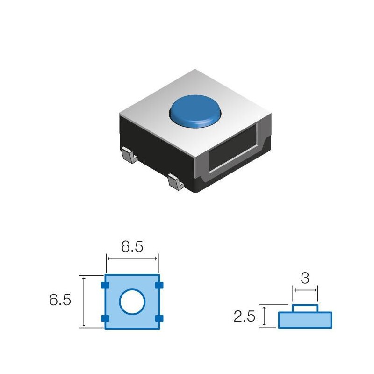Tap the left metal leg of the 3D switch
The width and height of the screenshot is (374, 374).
point(127,154)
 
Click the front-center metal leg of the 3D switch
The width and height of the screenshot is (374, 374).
point(174,181)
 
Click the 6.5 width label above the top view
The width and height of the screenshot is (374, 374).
point(132,247)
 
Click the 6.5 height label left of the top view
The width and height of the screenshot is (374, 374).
point(60,300)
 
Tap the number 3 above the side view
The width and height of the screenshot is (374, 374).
point(305,279)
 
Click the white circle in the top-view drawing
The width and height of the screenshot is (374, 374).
point(132,302)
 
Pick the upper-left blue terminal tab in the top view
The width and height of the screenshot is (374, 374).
point(105,285)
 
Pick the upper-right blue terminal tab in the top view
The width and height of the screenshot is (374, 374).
point(159,285)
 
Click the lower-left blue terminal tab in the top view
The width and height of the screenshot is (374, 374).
point(105,318)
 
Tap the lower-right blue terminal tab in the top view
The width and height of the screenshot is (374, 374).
point(159,318)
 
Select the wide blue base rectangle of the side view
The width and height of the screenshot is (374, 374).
point(305,320)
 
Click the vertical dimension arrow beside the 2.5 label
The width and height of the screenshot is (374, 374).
point(265,316)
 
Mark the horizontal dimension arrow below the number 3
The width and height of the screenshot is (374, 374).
point(305,290)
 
